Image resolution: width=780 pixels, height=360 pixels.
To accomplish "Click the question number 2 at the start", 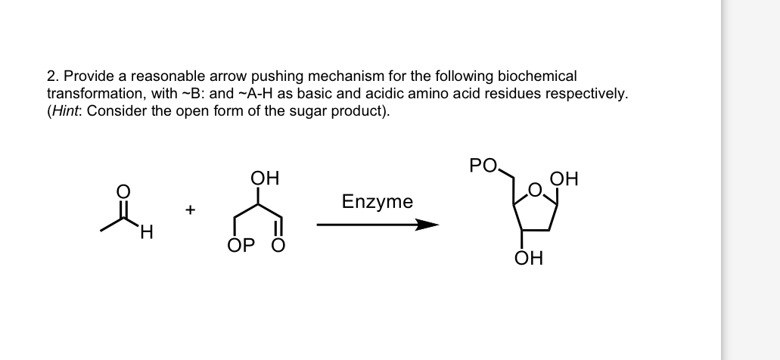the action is [x=51, y=76].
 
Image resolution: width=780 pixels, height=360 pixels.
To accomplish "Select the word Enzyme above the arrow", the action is [x=378, y=202].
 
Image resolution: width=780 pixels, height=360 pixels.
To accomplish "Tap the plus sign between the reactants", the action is [x=191, y=209].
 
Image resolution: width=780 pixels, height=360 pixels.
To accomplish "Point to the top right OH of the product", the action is [x=566, y=180].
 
